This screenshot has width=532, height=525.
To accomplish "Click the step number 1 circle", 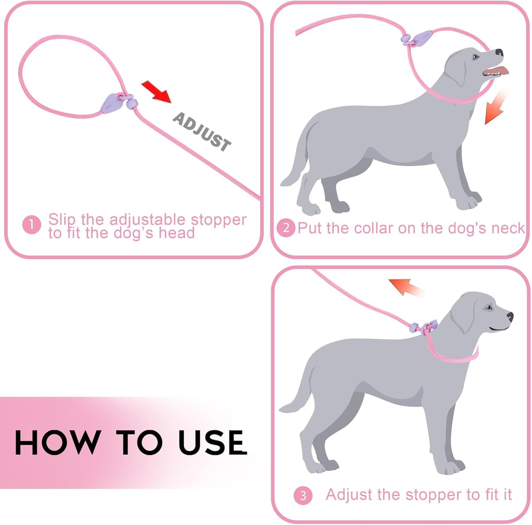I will [x=31, y=225].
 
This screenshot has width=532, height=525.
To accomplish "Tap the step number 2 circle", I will [x=286, y=228].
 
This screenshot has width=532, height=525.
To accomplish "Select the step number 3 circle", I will [x=303, y=495].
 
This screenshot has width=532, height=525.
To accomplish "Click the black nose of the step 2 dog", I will [x=499, y=52].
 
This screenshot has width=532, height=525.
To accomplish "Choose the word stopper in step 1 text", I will [x=218, y=220].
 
